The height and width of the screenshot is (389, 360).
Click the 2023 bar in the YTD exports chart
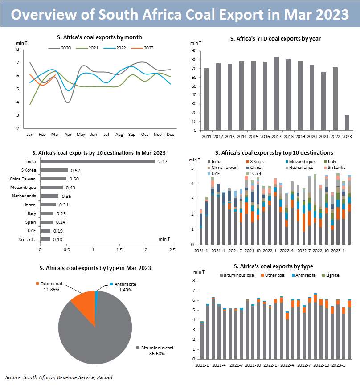pyautogui.click(x=347, y=123)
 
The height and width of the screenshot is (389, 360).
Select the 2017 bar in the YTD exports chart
pyautogui.click(x=276, y=94)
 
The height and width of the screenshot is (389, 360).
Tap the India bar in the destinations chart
pyautogui.click(x=98, y=161)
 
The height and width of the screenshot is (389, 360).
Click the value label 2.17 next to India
pyautogui.click(x=163, y=161)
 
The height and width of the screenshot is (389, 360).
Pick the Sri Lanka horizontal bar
pyautogui.click(x=45, y=239)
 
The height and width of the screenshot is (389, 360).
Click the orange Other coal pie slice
pyautogui.click(x=82, y=307)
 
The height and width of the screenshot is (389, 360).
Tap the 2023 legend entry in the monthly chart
pyautogui.click(x=143, y=48)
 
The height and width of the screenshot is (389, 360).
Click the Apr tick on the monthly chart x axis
pyautogui.click(x=68, y=134)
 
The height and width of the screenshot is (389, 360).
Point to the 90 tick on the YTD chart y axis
pyautogui.click(x=194, y=51)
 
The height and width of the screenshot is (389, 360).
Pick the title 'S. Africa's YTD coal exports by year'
pyautogui.click(x=275, y=39)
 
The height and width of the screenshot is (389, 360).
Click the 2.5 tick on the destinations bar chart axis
pyautogui.click(x=172, y=250)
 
